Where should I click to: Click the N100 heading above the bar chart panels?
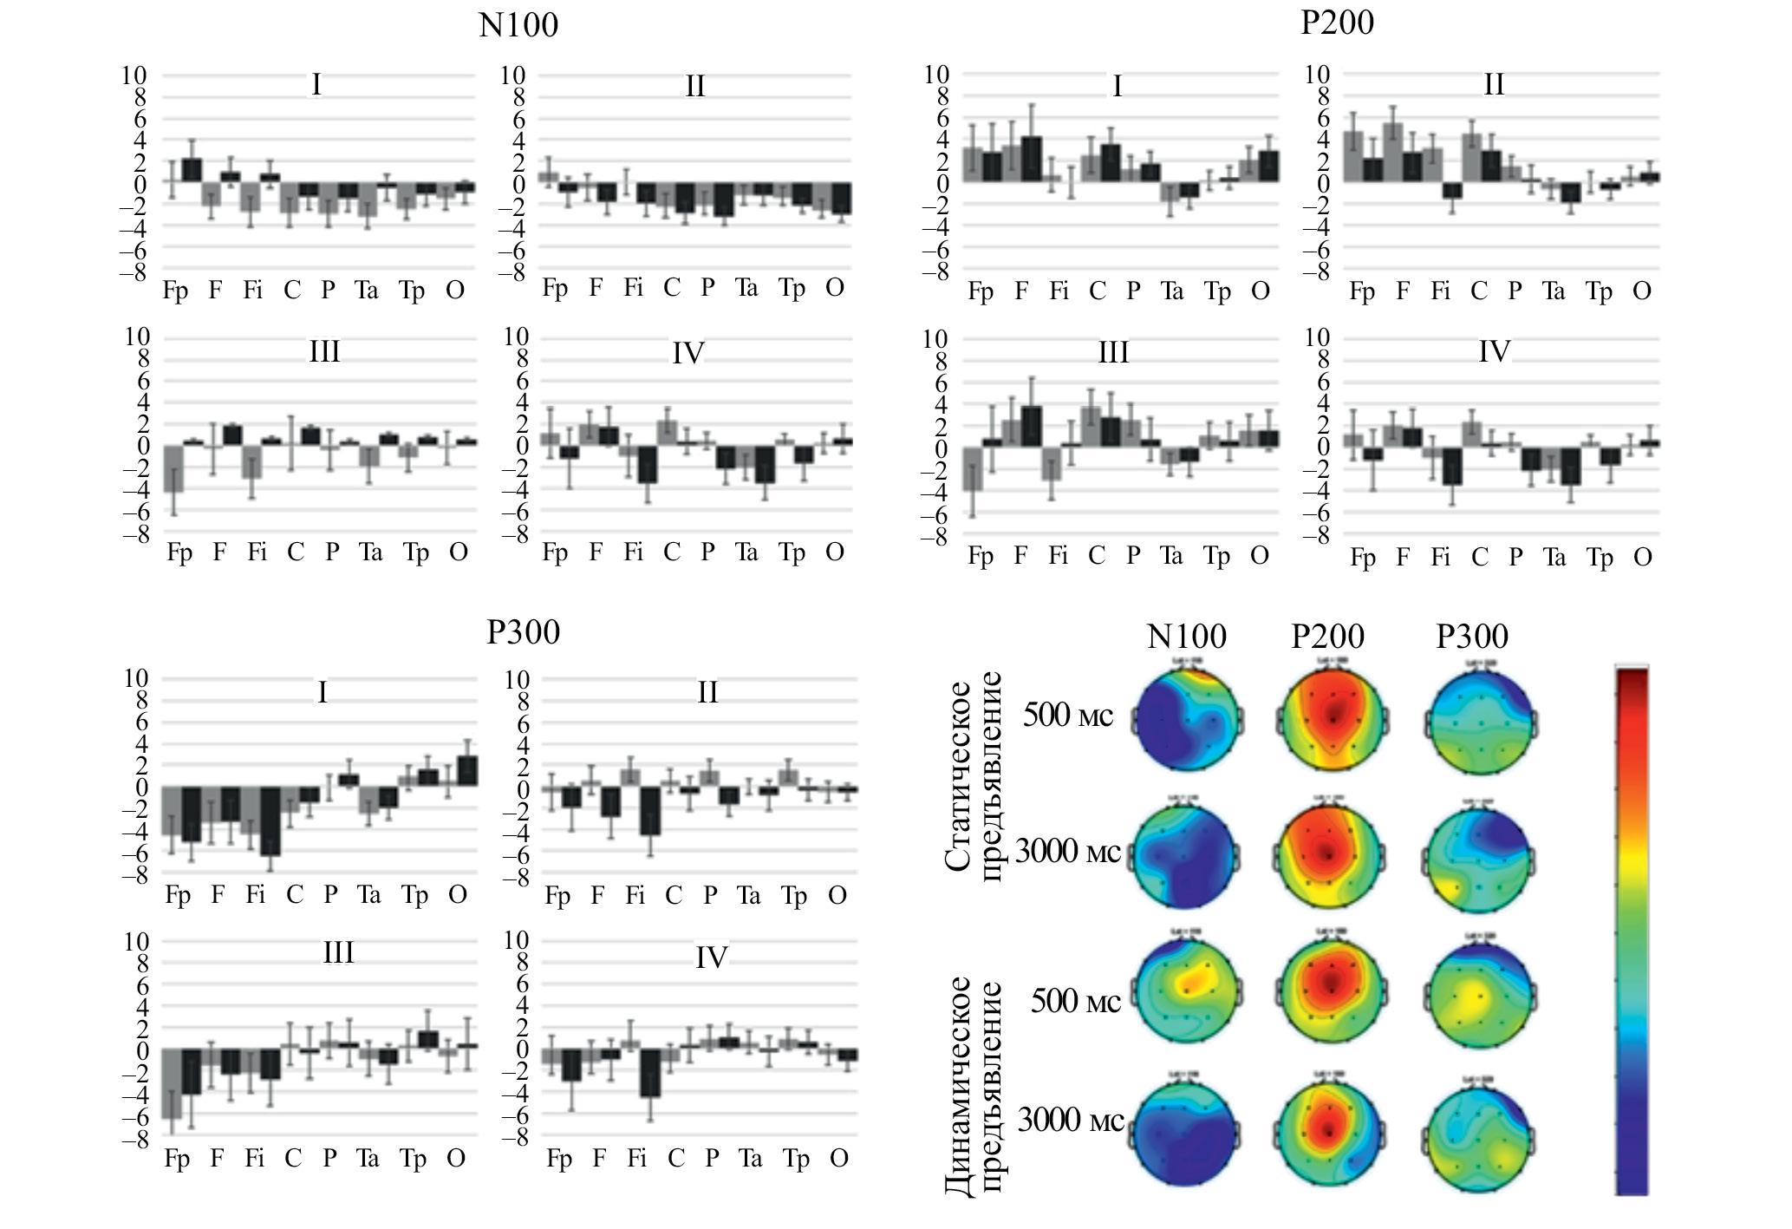pos(518,25)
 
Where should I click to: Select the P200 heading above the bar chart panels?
pos(1337,23)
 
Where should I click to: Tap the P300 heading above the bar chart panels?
pos(523,632)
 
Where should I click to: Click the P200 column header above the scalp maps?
pos(1327,637)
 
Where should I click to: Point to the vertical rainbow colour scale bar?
pos(1632,930)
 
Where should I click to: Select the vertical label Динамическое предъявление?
pos(973,1084)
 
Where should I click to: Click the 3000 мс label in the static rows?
pos(1067,853)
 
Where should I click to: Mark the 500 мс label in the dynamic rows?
pos(1075,1002)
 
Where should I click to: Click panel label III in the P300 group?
pos(338,953)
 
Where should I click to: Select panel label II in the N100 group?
pos(694,87)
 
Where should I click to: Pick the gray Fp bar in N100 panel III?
pos(173,468)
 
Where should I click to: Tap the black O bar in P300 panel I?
pos(467,771)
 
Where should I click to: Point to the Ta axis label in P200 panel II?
pos(1553,291)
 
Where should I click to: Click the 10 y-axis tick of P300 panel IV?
pos(516,940)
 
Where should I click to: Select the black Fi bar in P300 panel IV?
pos(651,1073)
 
